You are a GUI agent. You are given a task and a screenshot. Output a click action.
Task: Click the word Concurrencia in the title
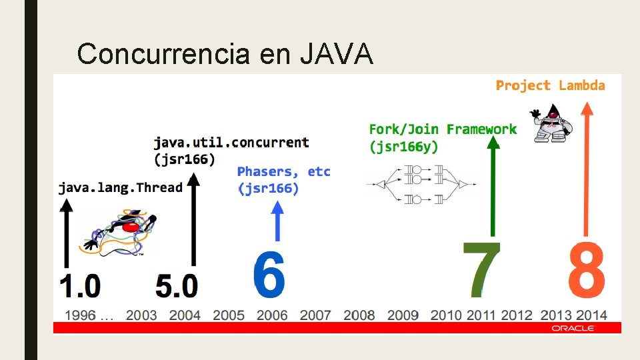[163, 54]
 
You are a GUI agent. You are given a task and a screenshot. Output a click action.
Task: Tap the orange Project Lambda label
[550, 85]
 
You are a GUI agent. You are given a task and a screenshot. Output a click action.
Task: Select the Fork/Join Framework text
[443, 129]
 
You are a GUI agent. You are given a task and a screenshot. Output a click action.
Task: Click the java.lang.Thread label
[120, 187]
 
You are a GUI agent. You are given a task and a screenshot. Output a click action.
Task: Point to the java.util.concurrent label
[231, 142]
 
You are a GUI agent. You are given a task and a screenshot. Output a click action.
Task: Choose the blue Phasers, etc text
[283, 172]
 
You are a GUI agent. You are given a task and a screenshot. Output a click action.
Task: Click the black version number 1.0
[80, 286]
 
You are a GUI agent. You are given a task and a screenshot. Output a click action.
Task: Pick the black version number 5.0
[177, 286]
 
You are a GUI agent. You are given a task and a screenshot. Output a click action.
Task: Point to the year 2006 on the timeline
[272, 315]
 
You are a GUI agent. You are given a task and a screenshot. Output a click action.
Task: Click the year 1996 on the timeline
[80, 315]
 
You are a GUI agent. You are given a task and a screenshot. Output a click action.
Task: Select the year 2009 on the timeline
[403, 315]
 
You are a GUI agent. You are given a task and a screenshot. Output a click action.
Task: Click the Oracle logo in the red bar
[572, 328]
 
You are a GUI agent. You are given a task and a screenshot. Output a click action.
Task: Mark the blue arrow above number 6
[278, 220]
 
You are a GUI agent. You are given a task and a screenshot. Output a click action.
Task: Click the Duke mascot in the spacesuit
[551, 123]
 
